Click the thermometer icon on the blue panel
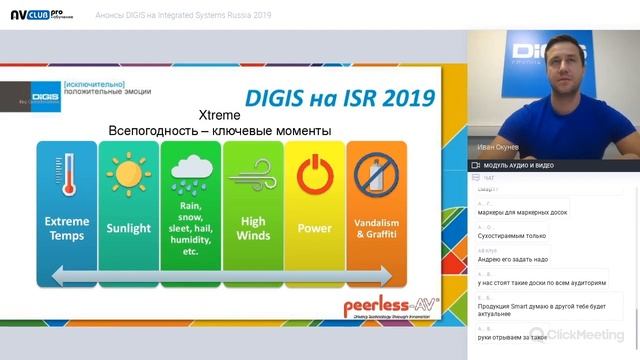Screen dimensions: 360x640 click(67, 172)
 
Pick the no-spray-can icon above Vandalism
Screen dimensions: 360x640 click(376, 173)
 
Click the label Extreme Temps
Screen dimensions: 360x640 click(67, 228)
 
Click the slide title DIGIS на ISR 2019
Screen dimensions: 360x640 click(340, 97)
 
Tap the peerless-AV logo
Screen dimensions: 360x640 click(391, 307)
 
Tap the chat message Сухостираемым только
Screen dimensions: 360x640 click(511, 236)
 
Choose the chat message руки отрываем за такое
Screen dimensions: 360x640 click(509, 339)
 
